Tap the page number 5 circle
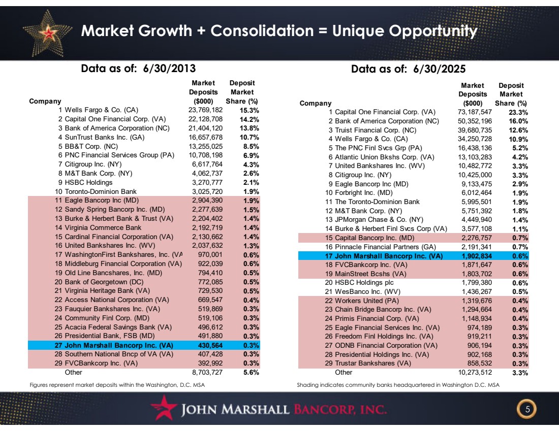pos(527,409)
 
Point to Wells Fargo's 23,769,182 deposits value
pos(205,110)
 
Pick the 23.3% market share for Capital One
pos(518,112)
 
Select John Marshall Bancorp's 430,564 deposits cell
pos(210,345)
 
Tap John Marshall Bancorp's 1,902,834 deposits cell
pos(476,256)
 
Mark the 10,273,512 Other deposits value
pos(475,372)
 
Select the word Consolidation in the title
pos(262,30)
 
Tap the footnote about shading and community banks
pos(398,385)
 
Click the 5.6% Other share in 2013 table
pos(251,373)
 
